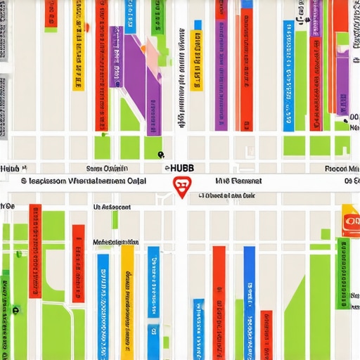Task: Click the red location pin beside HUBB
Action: click(181, 187)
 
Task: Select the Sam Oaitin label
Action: click(107, 169)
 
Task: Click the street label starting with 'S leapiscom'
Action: click(77, 181)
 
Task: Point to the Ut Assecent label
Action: click(111, 208)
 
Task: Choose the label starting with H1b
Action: click(238, 181)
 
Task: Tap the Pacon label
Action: click(342, 169)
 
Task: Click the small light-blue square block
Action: click(198, 25)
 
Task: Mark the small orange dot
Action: click(88, 28)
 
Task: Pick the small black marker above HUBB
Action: click(160, 154)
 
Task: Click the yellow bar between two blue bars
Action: click(127, 295)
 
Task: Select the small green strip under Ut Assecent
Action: click(115, 220)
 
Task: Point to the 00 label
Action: click(353, 117)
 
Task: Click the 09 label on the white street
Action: click(349, 181)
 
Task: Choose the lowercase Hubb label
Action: click(10, 169)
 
